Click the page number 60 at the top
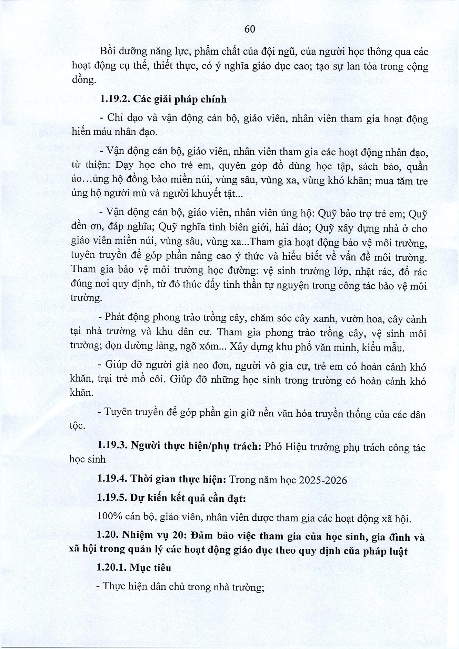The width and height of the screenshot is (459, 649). (250, 29)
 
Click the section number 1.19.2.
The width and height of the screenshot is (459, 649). (114, 99)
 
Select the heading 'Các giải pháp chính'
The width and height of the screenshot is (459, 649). (180, 99)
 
